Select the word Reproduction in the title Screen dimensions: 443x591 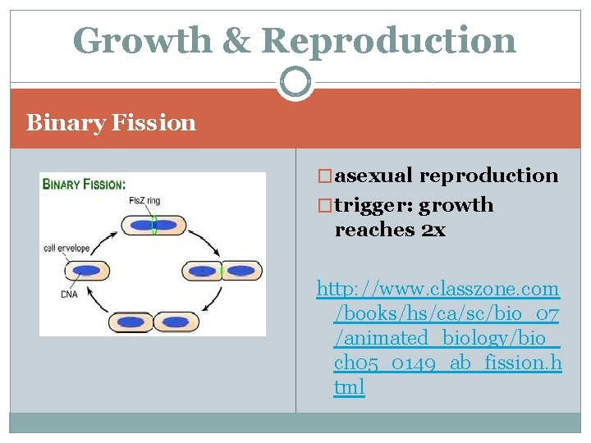389,40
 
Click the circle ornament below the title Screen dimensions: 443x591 295,82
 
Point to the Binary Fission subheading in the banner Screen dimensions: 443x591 111,123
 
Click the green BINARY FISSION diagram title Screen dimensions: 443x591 84,185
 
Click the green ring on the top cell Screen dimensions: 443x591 153,225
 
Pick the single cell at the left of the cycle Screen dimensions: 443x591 85,270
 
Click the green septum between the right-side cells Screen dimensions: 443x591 222,270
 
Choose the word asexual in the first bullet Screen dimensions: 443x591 375,175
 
